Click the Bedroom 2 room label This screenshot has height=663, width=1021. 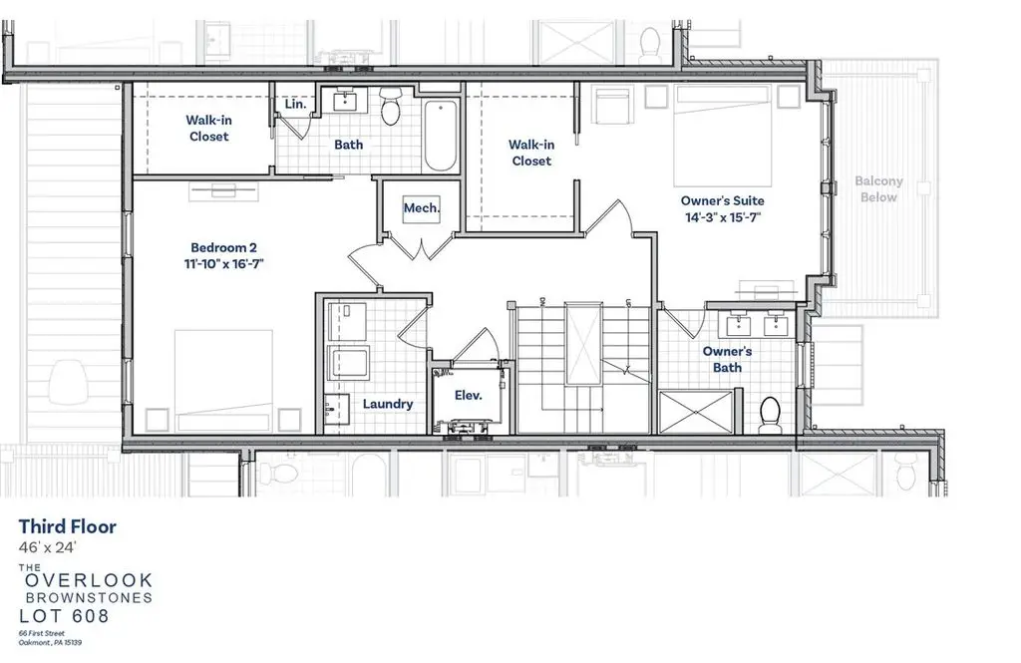[x=223, y=247]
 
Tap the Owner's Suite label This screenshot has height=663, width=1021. [x=722, y=200]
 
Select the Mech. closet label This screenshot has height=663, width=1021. [x=422, y=208]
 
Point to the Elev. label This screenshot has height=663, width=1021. [x=469, y=396]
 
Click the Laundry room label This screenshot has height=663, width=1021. [x=388, y=404]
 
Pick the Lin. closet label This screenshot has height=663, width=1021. [x=295, y=104]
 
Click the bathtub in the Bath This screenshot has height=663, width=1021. [x=440, y=136]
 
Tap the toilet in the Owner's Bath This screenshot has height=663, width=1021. [x=771, y=415]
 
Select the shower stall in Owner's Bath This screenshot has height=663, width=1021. [x=696, y=412]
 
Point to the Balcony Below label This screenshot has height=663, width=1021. [x=878, y=188]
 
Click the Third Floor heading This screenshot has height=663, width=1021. [x=68, y=526]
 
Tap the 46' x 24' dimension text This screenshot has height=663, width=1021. [x=48, y=547]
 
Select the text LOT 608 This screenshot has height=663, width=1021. [x=65, y=615]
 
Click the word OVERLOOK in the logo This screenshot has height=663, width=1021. [x=89, y=580]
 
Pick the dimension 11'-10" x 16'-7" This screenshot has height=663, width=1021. [x=223, y=264]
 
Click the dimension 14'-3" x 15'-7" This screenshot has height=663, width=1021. [x=723, y=217]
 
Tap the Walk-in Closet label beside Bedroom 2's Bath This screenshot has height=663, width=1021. [x=209, y=129]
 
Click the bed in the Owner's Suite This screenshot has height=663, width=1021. [x=723, y=136]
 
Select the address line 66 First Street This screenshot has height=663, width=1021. [x=42, y=633]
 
